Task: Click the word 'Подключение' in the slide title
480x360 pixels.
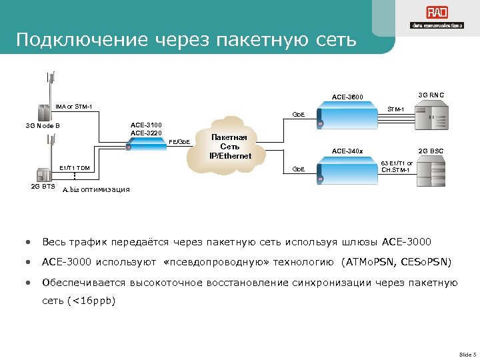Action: (x=81, y=40)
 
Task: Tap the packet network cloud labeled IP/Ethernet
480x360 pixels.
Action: (x=229, y=146)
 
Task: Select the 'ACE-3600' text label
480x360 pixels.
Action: (x=347, y=97)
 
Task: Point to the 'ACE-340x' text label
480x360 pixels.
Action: (x=347, y=151)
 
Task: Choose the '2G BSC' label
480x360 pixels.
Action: (x=433, y=151)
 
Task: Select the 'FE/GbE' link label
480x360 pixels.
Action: (x=180, y=141)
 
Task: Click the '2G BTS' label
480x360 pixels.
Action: (x=43, y=186)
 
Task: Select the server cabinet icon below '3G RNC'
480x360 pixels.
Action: (x=433, y=121)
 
